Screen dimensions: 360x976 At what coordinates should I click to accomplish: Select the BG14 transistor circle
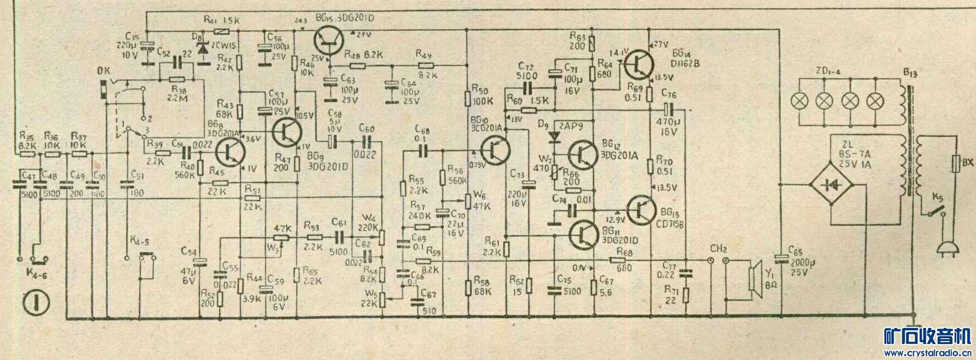point(640,64)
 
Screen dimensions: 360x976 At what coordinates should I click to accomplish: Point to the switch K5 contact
point(933,211)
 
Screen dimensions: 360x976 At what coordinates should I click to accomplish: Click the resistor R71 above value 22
point(686,293)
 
